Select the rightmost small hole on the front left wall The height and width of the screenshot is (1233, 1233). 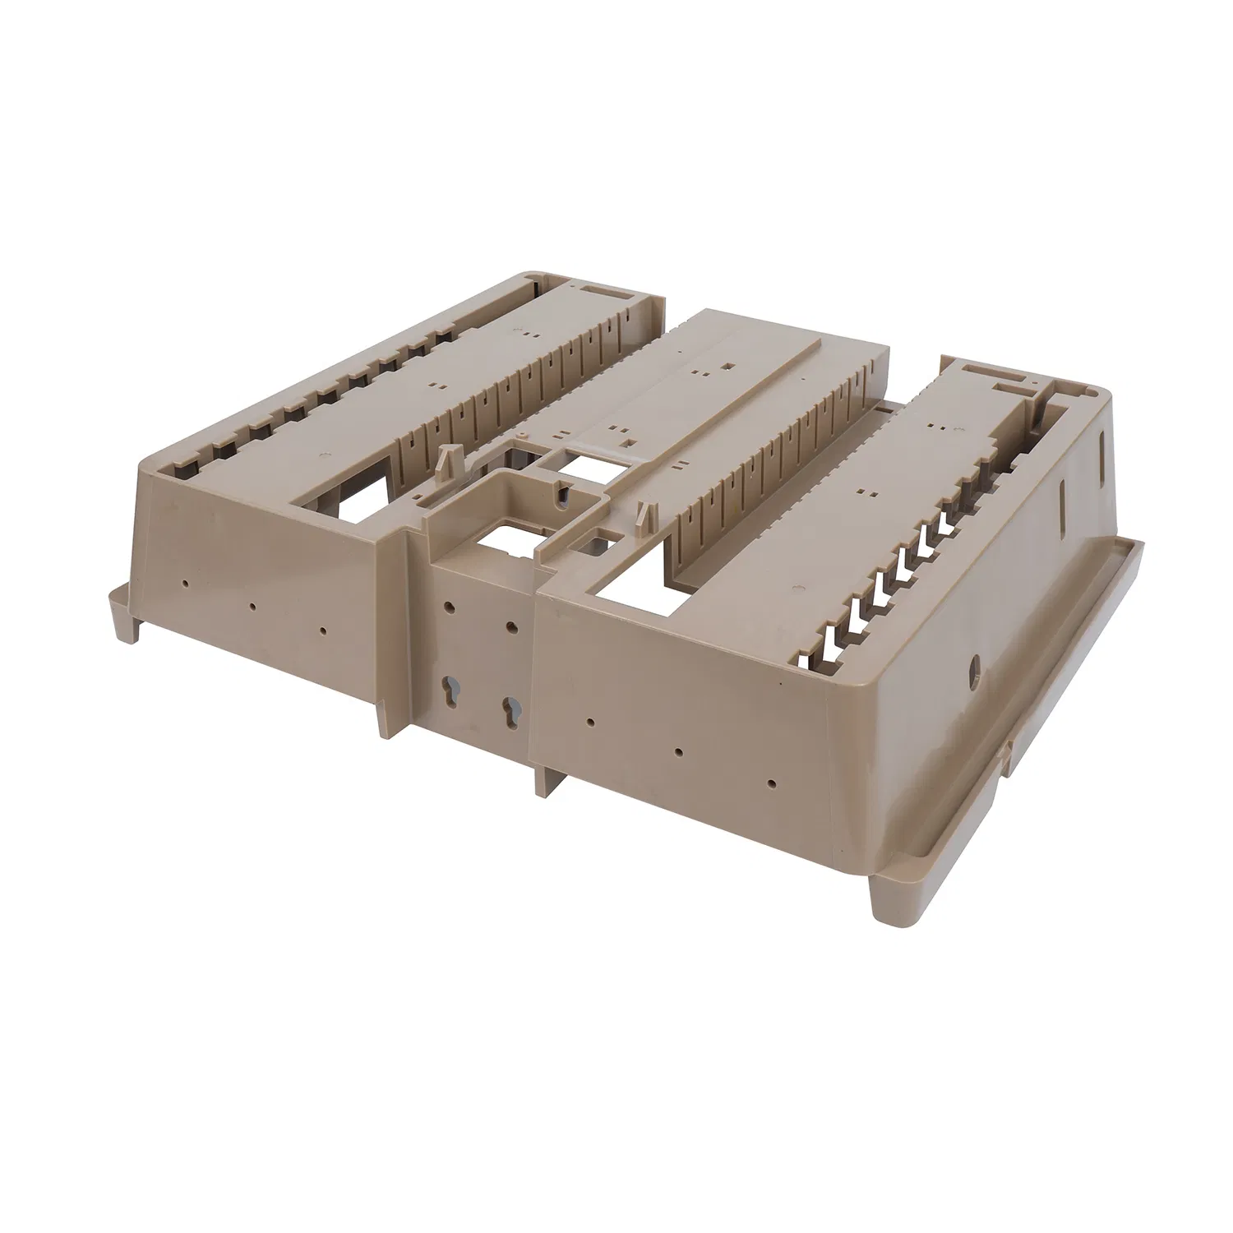323,631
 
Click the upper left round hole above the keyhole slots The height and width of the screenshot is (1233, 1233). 449,609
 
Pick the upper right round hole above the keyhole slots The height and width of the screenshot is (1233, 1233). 511,628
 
